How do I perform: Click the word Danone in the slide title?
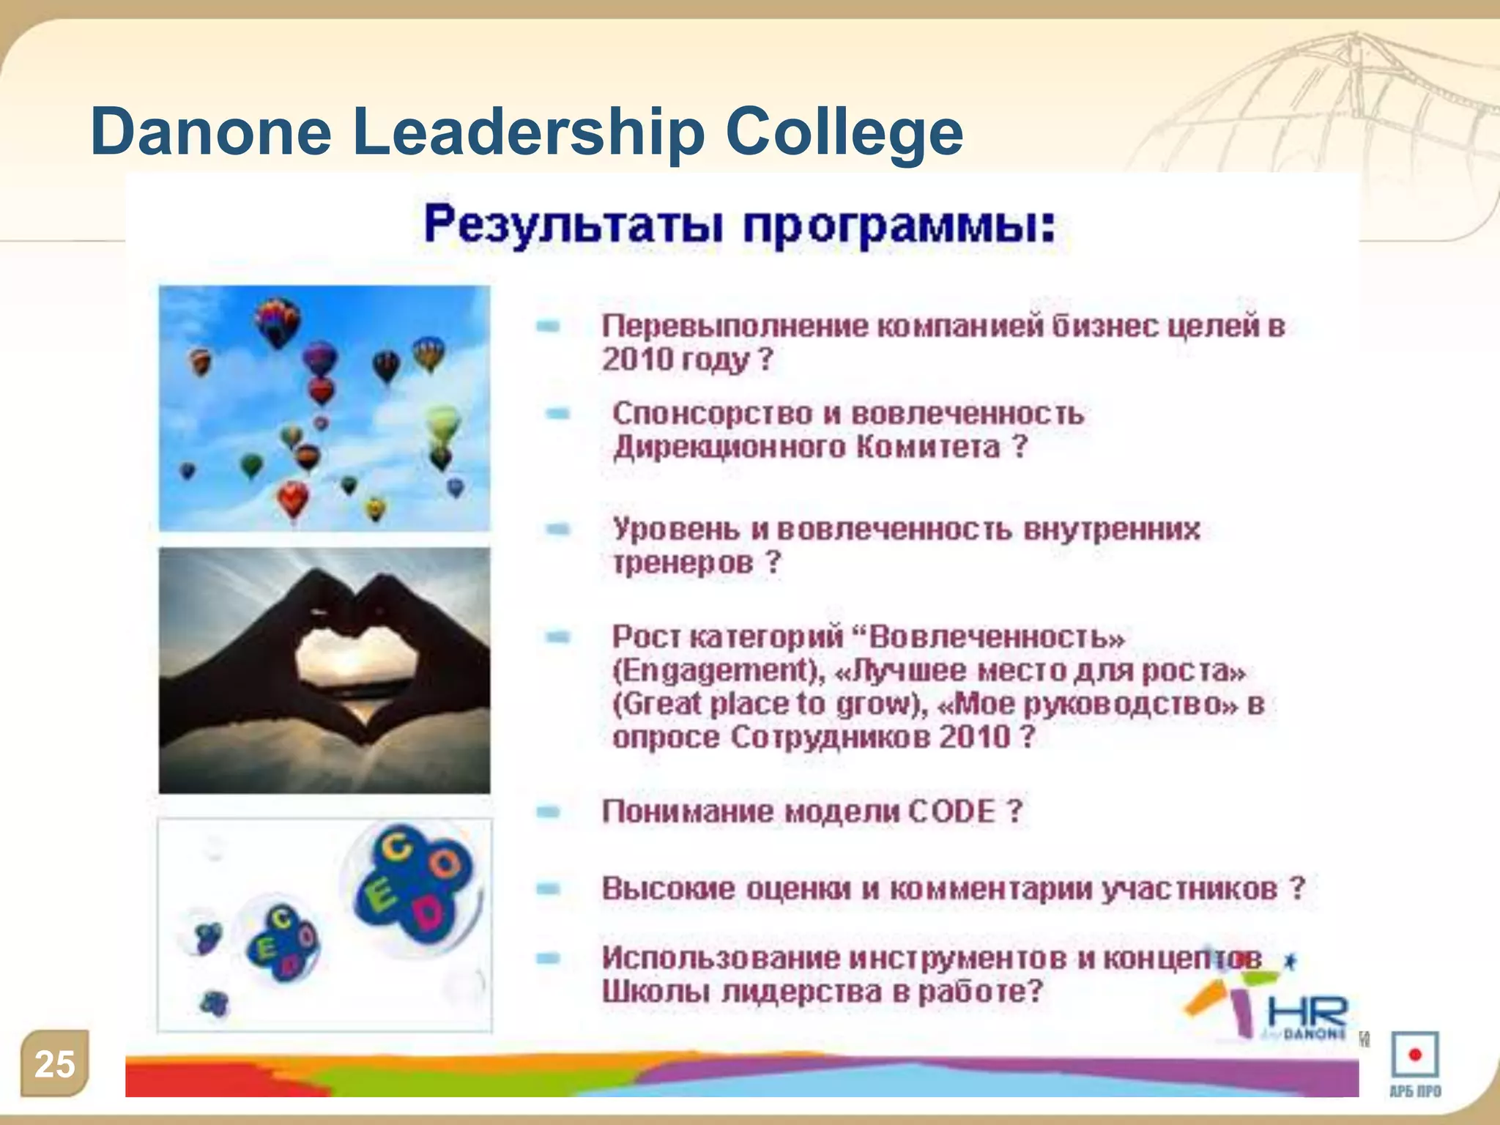(x=212, y=132)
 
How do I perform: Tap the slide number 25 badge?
(x=55, y=1063)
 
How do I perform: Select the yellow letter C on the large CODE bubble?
(x=398, y=847)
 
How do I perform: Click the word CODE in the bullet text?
(x=951, y=812)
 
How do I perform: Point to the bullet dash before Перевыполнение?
(x=548, y=326)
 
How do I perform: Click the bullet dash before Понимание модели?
(x=548, y=812)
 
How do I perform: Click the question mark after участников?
(x=1297, y=888)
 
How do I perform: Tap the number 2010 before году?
(x=636, y=360)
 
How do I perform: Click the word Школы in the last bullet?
(x=656, y=992)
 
